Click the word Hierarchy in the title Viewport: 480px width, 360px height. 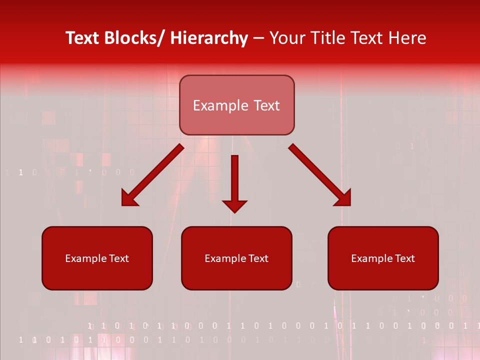click(209, 38)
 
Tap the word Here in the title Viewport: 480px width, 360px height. click(407, 38)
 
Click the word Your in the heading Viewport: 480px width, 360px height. click(287, 38)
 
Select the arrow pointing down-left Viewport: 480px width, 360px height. click(152, 175)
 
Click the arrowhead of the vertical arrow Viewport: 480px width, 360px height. click(234, 205)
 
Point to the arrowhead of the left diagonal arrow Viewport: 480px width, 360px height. click(129, 199)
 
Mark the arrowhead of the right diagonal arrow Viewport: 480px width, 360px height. click(343, 198)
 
